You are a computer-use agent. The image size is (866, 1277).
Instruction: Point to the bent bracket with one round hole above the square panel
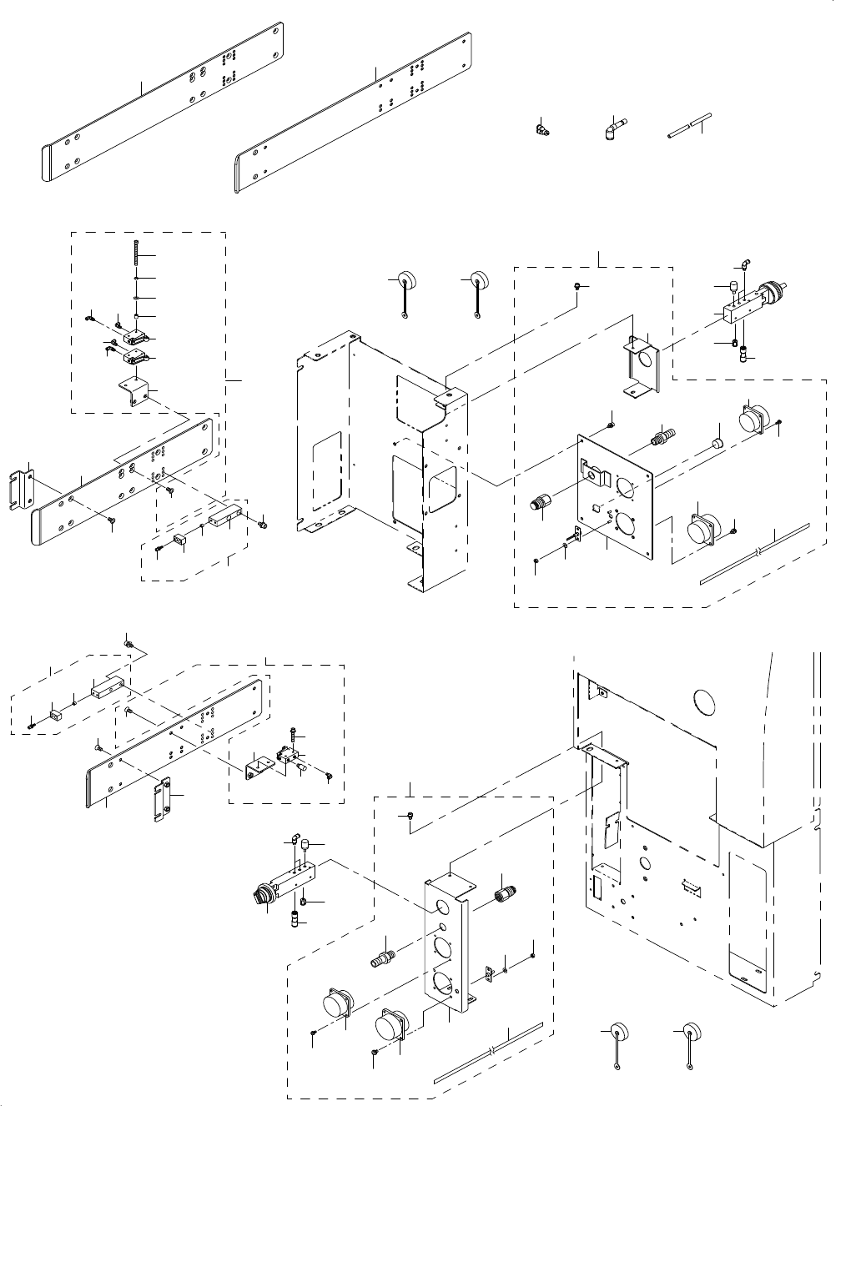(x=643, y=363)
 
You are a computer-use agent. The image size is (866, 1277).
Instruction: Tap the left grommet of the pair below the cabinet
(x=617, y=1031)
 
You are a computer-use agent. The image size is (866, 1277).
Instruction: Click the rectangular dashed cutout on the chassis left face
(x=325, y=471)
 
